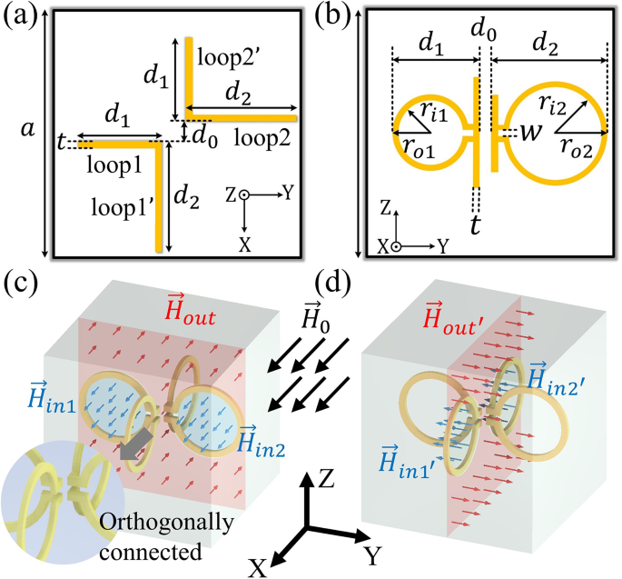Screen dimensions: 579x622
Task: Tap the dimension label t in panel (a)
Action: pos(60,144)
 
